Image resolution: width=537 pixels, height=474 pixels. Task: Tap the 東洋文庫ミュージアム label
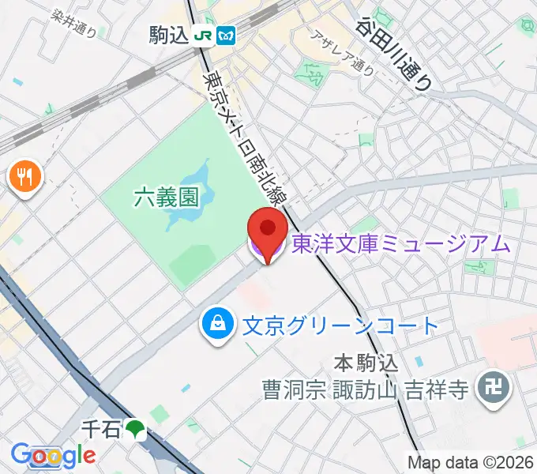pos(401,245)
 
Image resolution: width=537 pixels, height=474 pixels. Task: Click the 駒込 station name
pos(169,36)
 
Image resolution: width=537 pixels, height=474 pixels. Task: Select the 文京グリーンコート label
pos(340,325)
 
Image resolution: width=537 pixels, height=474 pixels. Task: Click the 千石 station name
pos(101,429)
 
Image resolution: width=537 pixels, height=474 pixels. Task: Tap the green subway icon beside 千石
pos(136,429)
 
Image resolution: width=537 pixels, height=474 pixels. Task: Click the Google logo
pos(52,455)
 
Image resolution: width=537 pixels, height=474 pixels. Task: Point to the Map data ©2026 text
pos(471,462)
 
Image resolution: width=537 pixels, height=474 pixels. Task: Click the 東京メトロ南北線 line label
pos(247,134)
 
